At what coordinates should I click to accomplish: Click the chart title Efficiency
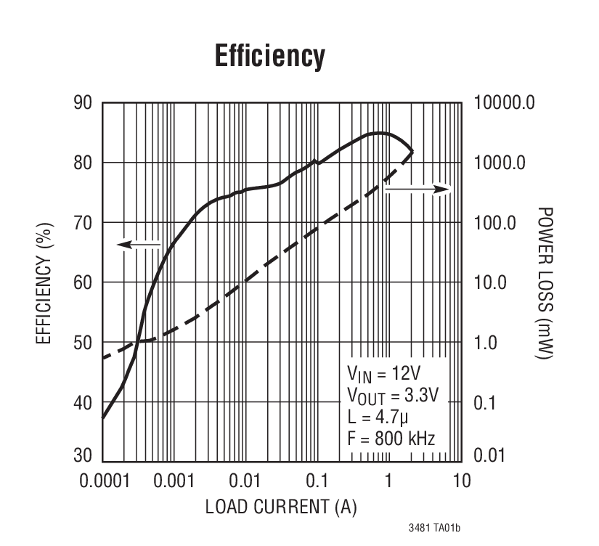tap(270, 56)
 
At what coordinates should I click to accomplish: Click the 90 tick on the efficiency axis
tap(82, 102)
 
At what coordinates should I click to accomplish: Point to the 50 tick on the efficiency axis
tap(82, 342)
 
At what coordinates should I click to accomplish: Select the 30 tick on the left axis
tap(82, 455)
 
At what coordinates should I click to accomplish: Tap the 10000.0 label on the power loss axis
tap(505, 102)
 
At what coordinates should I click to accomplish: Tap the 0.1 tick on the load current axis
tap(317, 481)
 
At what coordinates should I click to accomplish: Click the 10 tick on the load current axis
tap(462, 481)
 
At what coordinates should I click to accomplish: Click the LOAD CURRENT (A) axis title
tap(281, 507)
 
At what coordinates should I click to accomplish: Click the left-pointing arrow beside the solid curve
tap(138, 245)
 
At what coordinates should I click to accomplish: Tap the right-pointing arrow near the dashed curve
tap(417, 189)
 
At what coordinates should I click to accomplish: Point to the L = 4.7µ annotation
tap(379, 417)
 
